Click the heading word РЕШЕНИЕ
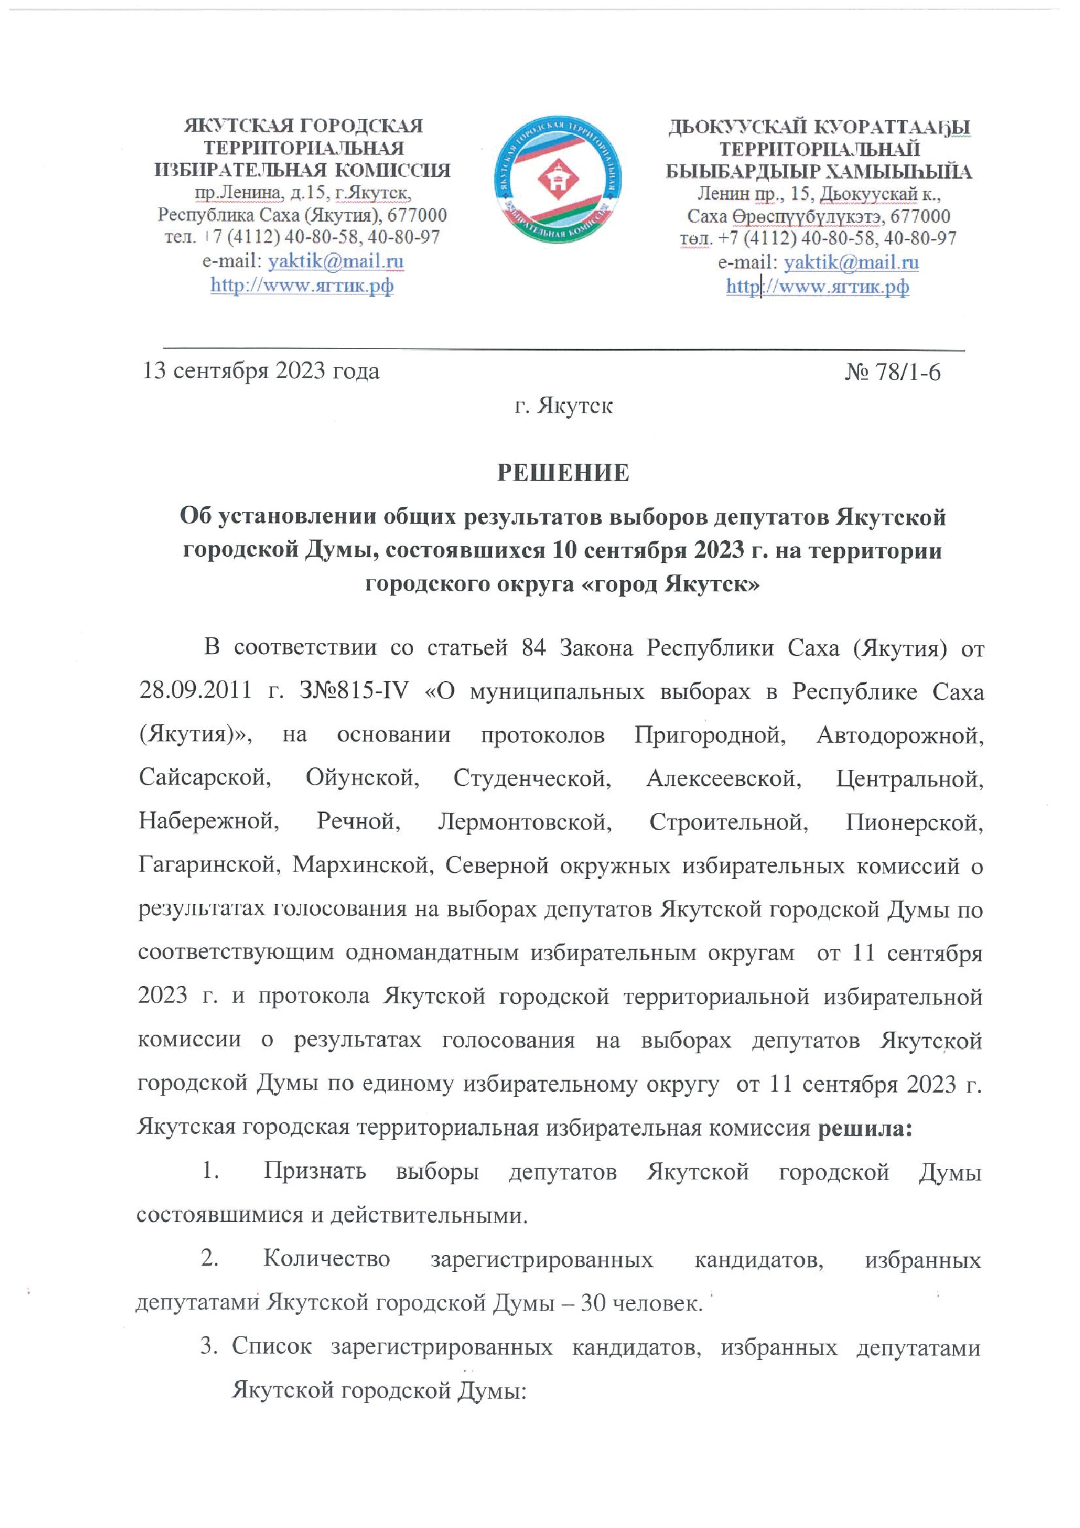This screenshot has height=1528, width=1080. coord(563,472)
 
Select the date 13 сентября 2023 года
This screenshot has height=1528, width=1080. coord(261,371)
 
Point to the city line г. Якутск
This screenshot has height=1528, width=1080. coord(563,405)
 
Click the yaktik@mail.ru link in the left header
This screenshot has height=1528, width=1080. coord(336,261)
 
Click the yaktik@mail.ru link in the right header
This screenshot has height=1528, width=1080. coord(851,262)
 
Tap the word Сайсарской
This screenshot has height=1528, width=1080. coord(206,777)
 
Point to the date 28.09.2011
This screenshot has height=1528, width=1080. coord(195,692)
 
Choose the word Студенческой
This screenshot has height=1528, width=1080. coord(531,777)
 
